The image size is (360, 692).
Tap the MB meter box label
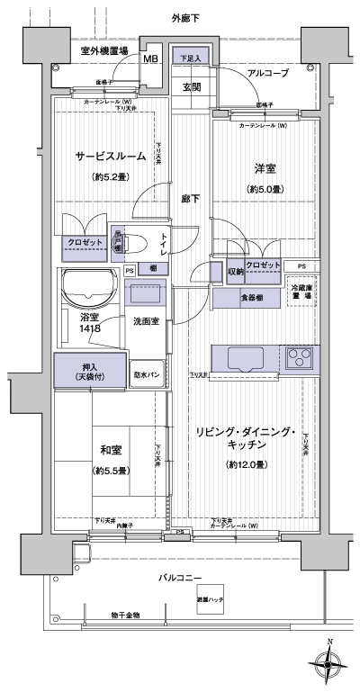(151, 60)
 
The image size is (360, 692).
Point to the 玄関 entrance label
(192, 86)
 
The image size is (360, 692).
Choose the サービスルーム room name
(110, 156)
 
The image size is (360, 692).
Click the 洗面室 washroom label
(147, 321)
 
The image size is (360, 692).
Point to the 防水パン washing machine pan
(148, 373)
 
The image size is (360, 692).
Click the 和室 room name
(111, 450)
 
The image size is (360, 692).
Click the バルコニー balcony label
(181, 577)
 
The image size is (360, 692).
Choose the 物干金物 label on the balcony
(126, 615)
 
